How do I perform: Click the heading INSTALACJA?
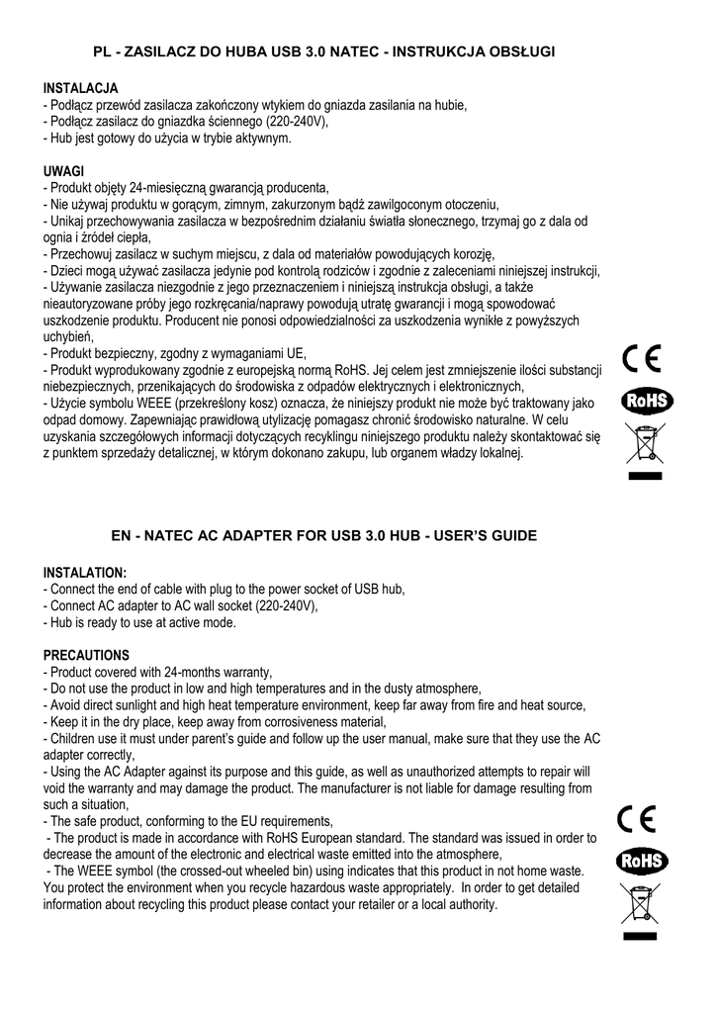pyautogui.click(x=81, y=88)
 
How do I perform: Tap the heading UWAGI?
pyautogui.click(x=64, y=170)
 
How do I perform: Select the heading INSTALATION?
pyautogui.click(x=85, y=573)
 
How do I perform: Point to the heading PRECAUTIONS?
pyautogui.click(x=86, y=655)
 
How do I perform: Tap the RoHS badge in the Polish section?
pyautogui.click(x=647, y=400)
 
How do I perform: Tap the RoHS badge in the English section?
pyautogui.click(x=643, y=861)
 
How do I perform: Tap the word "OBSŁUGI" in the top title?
pyautogui.click(x=522, y=49)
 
